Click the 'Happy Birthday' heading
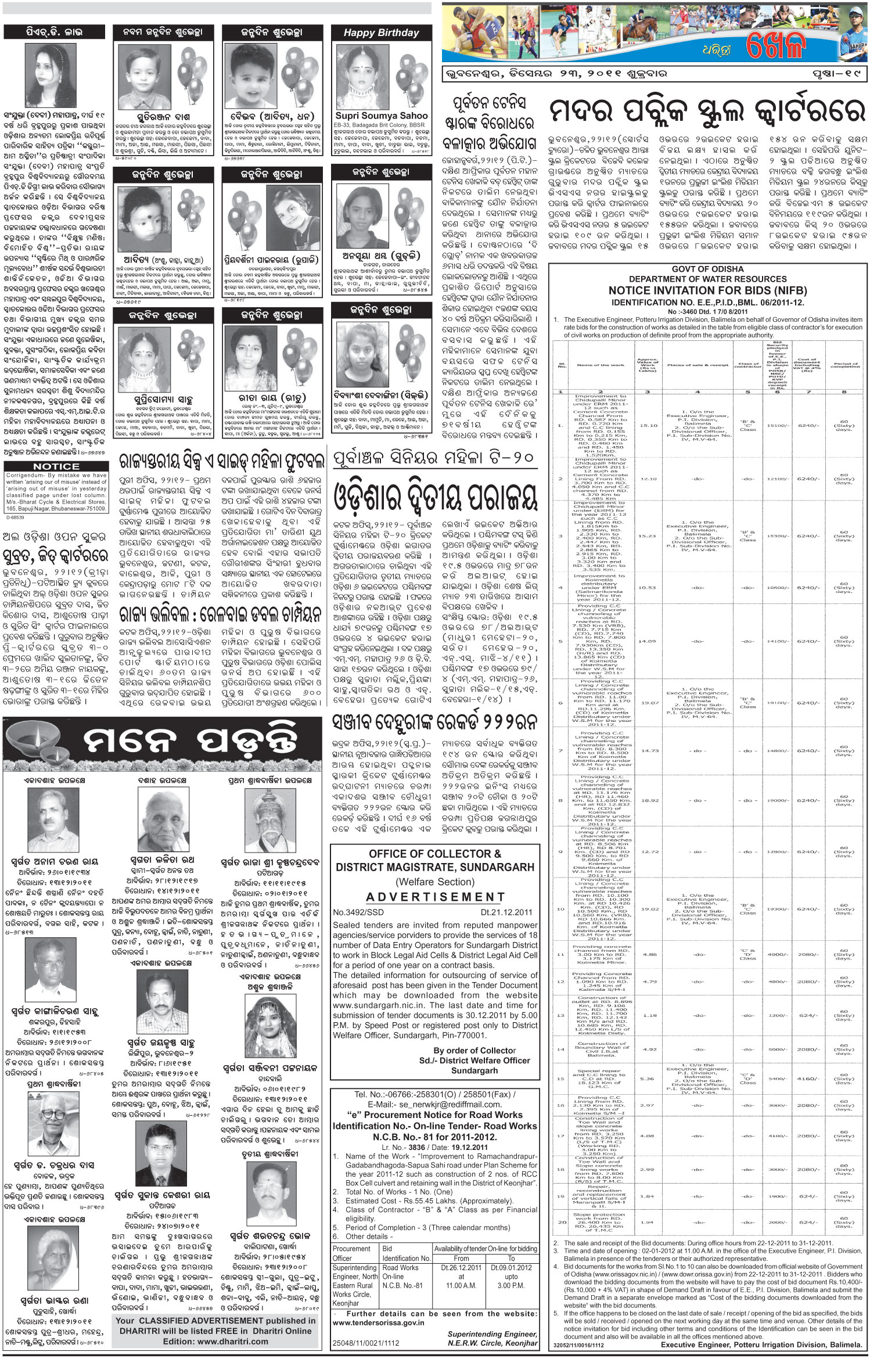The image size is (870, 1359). (x=381, y=33)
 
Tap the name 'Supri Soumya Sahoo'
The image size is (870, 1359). (x=381, y=116)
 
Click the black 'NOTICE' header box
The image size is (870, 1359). (x=56, y=466)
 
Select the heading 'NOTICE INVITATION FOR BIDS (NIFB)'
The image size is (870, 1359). (x=707, y=290)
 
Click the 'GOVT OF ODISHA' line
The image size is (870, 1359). (x=707, y=269)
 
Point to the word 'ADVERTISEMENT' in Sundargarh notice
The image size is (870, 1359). (x=435, y=897)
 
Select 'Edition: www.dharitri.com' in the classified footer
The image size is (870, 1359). (x=215, y=1341)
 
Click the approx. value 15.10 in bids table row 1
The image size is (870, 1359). (x=648, y=426)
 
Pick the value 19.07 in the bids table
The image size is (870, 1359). (x=648, y=703)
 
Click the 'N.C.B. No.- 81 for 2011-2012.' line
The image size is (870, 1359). (x=435, y=1137)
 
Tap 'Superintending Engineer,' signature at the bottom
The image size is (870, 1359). (x=492, y=1334)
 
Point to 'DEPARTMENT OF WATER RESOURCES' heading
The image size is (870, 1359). (x=707, y=279)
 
